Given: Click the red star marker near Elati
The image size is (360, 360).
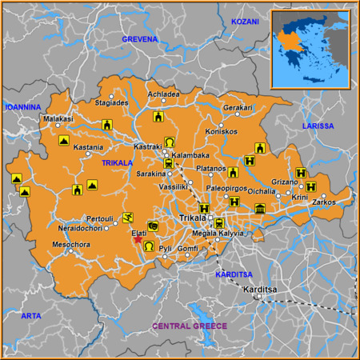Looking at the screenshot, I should click(138, 239).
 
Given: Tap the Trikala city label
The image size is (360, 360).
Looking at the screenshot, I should click(191, 218).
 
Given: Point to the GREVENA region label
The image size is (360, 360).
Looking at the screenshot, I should click(140, 38).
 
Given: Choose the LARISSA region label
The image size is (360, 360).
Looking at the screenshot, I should click(318, 126).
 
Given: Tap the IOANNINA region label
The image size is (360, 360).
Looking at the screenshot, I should click(23, 106).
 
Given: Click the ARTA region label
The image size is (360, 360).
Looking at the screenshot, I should click(30, 316).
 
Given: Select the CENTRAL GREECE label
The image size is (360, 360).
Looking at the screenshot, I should click(190, 326).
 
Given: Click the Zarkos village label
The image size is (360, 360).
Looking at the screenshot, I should click(323, 203).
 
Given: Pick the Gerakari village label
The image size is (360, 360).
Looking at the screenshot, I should click(238, 108).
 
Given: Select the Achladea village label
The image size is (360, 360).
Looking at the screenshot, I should click(163, 94).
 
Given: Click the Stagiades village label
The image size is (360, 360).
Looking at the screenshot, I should click(111, 102).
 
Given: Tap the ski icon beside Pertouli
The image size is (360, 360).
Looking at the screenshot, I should click(128, 217).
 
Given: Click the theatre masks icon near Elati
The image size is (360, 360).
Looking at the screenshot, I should click(153, 227).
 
